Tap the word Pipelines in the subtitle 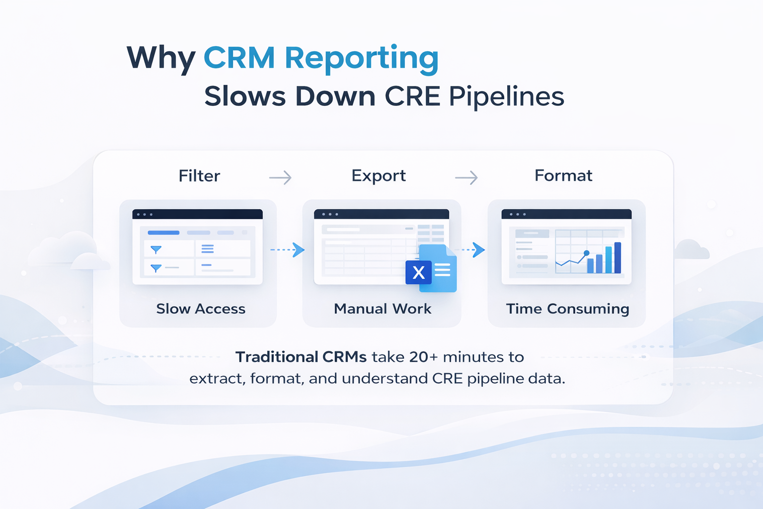point(506,96)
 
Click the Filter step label point(199,176)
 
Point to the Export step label point(379,175)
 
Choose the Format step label point(563,175)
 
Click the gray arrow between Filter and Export point(280,177)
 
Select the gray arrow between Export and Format point(466,177)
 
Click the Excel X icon point(419,272)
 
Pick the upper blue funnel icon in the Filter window point(156,250)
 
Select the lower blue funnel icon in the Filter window point(156,268)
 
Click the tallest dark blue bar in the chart point(617,257)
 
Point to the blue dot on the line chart point(587,253)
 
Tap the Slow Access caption point(201,309)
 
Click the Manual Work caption point(382,309)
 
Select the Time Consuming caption point(567,309)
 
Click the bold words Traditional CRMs point(301,357)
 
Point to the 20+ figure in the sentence point(423,357)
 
